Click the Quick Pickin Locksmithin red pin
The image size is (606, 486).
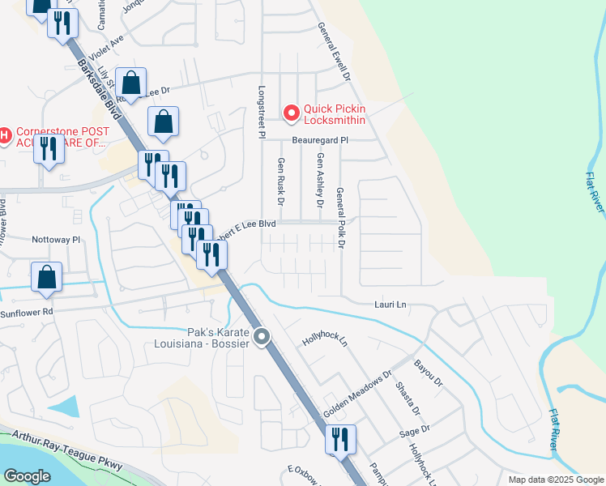tap(291, 112)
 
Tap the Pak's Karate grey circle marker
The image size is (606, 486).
tap(262, 337)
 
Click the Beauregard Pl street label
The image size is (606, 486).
tap(319, 140)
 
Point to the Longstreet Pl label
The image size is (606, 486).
tap(262, 113)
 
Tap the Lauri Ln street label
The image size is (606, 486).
tap(390, 305)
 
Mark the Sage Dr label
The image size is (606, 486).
tap(414, 432)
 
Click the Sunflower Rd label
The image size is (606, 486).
tap(26, 312)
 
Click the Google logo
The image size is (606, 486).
tap(26, 476)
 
